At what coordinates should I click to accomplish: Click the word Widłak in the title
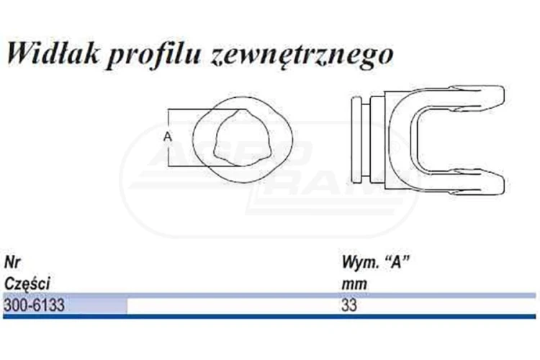53,54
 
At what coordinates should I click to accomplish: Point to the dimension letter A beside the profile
167,137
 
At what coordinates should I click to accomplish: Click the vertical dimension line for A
168,138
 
